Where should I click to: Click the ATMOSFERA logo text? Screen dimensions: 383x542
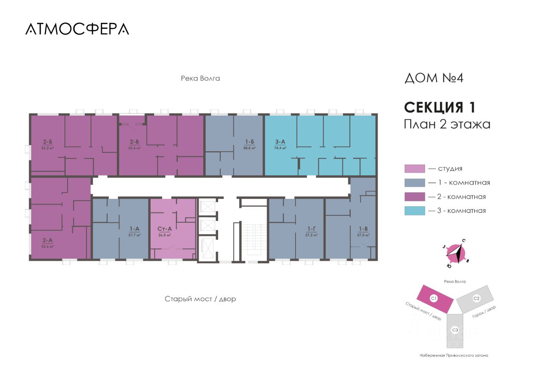77,29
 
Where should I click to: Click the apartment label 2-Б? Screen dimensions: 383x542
47,143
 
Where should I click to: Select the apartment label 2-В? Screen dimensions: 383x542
135,143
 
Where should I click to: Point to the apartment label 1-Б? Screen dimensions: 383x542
249,143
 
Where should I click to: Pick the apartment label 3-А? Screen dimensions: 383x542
280,143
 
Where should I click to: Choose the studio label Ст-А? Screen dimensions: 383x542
164,229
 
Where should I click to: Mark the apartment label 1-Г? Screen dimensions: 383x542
312,229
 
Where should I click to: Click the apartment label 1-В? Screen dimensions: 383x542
363,229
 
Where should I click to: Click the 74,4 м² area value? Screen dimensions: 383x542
280,148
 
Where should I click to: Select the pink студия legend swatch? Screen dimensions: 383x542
415,168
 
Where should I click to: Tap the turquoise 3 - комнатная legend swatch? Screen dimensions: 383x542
415,210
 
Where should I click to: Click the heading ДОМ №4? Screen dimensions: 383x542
434,78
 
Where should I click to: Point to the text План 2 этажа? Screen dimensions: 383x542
447,124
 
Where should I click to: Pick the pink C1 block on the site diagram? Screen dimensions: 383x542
434,298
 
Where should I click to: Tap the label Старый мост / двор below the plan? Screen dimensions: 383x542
200,299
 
